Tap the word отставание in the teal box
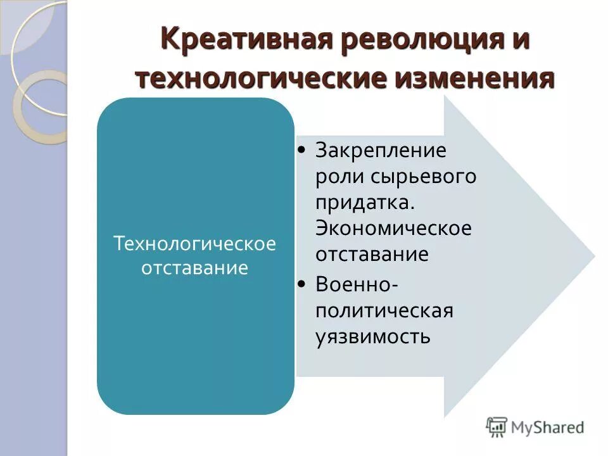195,268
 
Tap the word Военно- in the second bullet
357,284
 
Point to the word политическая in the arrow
384,310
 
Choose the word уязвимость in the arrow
373,336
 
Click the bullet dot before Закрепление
303,151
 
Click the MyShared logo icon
497,427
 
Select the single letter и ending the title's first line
521,41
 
